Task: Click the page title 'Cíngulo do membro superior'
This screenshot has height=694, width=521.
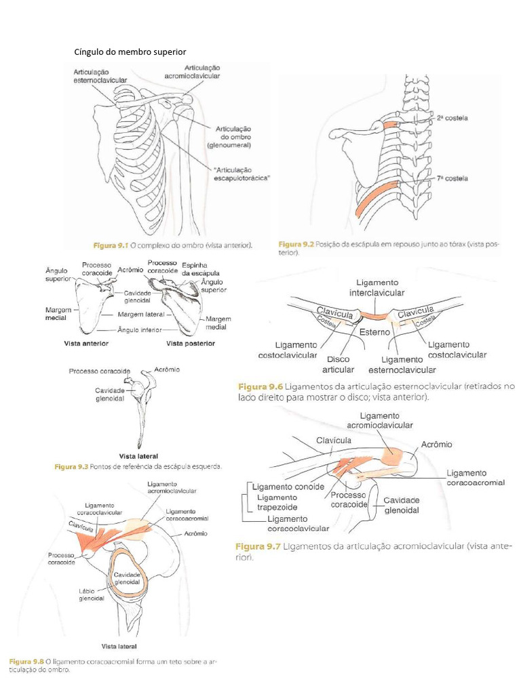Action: (130, 52)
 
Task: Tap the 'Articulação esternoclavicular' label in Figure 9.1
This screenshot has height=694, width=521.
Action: (100, 75)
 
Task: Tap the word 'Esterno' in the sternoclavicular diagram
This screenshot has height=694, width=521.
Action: (374, 333)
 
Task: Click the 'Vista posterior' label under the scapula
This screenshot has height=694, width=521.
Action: (191, 344)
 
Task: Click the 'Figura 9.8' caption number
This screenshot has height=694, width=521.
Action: (26, 660)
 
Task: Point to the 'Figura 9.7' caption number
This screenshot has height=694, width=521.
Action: (258, 546)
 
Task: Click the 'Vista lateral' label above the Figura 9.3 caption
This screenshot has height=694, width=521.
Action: (138, 456)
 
